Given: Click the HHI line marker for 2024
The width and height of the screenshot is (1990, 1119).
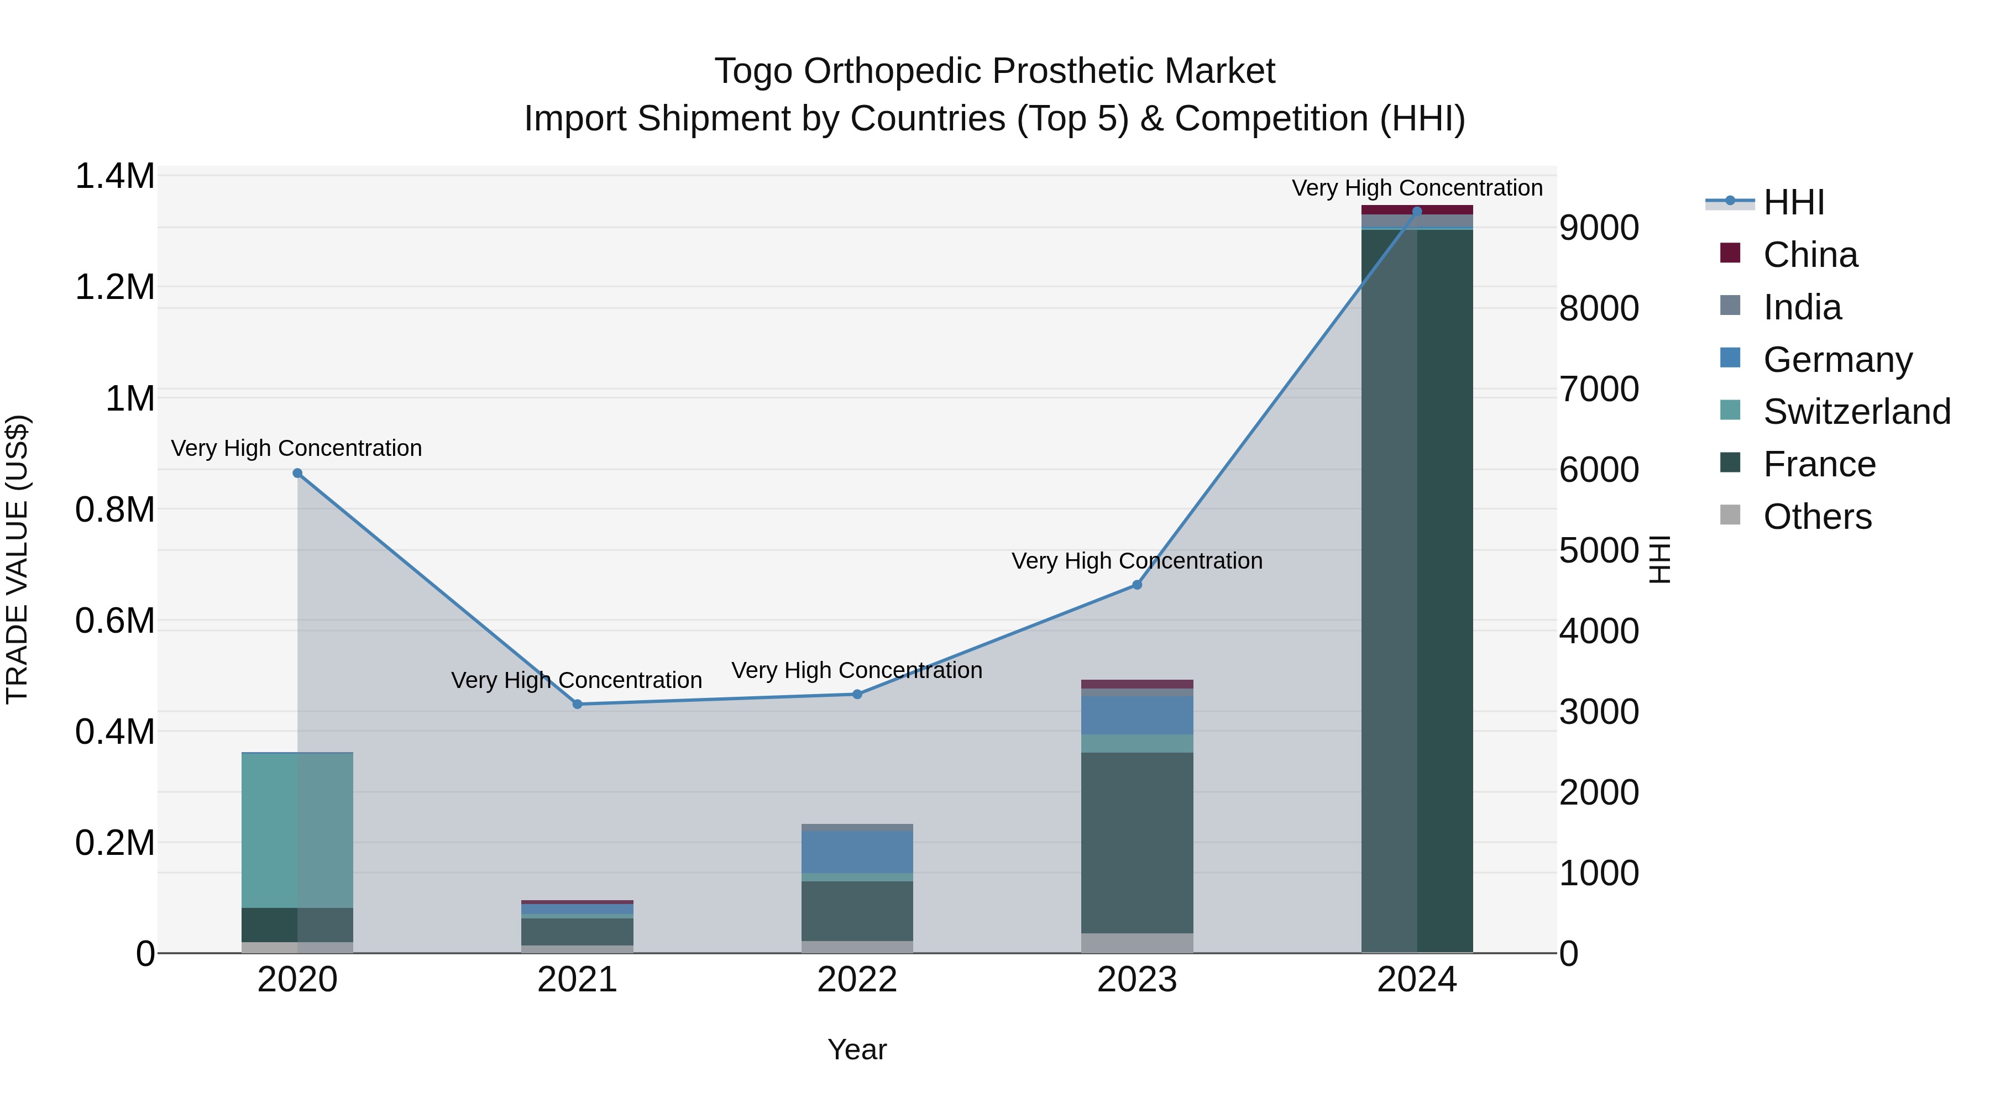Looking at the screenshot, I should [x=1417, y=211].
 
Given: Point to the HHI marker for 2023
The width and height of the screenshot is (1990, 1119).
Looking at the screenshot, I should [x=1137, y=585].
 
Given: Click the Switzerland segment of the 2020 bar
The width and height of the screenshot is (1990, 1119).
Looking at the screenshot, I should [x=297, y=830].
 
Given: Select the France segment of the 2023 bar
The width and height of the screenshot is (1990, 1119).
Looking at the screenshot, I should [x=1137, y=842].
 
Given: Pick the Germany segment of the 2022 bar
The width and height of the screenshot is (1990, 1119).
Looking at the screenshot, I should [x=857, y=852].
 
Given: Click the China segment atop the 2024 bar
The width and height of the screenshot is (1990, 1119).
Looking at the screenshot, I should [x=1417, y=210].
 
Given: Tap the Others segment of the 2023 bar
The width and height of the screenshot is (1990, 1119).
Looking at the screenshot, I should [x=1137, y=943].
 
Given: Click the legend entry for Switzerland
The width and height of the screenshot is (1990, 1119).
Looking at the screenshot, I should [x=1856, y=412].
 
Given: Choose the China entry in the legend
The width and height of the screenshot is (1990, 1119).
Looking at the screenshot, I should [x=1810, y=255].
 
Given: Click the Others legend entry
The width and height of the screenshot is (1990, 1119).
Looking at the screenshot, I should [x=1817, y=517].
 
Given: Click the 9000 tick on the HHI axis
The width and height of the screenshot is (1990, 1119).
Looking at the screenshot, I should [x=1598, y=228].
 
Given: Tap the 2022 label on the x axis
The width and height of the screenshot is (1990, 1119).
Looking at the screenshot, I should [x=857, y=980].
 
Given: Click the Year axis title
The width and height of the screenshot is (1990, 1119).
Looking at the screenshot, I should [x=857, y=1049].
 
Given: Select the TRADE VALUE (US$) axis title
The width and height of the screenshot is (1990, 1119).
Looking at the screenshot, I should [x=17, y=559].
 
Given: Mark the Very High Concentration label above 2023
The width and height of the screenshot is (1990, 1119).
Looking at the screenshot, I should [x=1137, y=561].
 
